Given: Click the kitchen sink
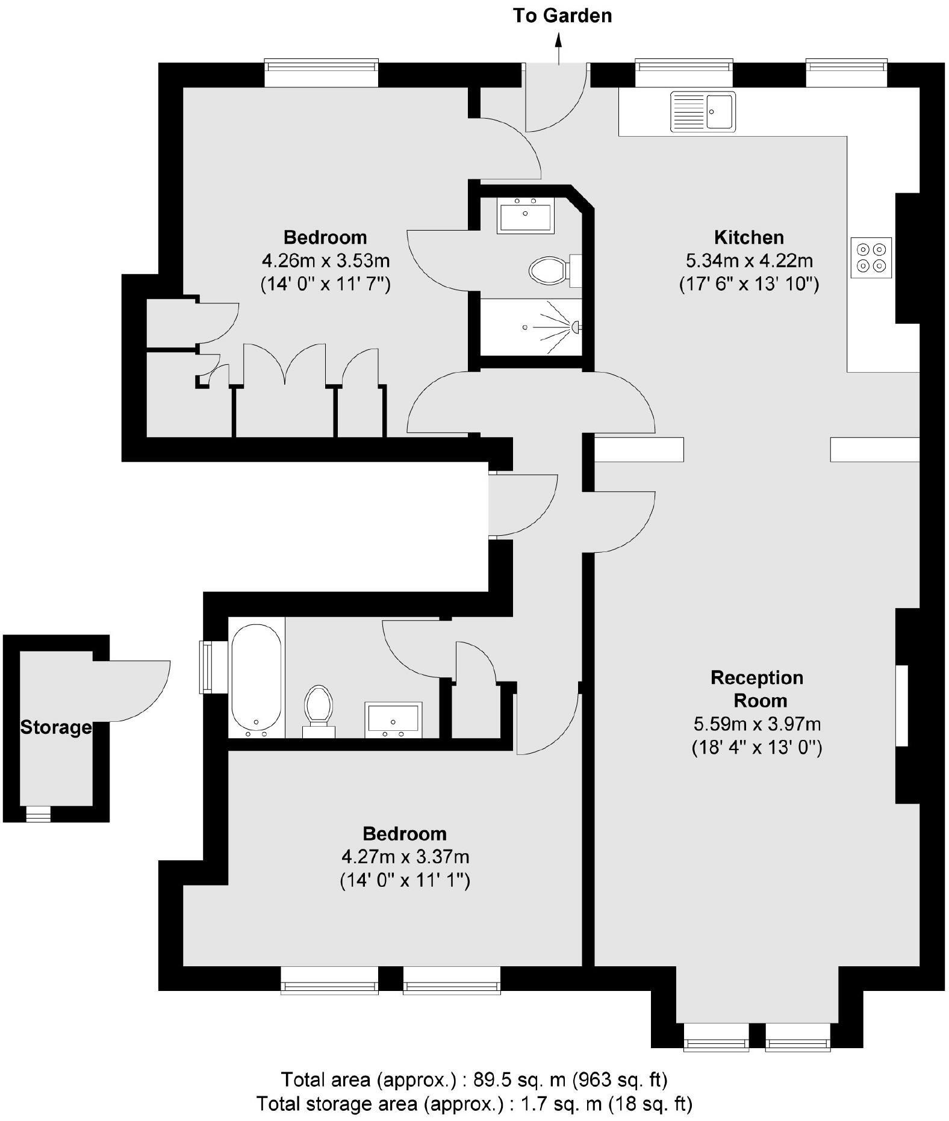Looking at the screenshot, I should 703,111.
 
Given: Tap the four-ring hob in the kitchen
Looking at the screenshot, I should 871,257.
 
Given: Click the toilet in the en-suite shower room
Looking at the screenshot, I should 549,270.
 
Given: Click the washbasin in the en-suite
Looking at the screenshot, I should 525,216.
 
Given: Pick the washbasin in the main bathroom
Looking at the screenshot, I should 394,719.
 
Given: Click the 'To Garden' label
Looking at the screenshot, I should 562,16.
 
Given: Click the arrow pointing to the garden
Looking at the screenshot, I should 559,48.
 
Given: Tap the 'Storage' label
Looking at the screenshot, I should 56,727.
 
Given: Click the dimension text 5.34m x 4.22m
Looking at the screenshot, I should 749,261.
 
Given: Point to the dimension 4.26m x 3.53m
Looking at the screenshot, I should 325,261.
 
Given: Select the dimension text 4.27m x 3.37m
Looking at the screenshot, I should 405,856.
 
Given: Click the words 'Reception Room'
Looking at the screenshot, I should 757,689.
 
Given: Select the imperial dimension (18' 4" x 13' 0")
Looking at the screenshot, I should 757,747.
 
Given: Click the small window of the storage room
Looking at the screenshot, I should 38,814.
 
